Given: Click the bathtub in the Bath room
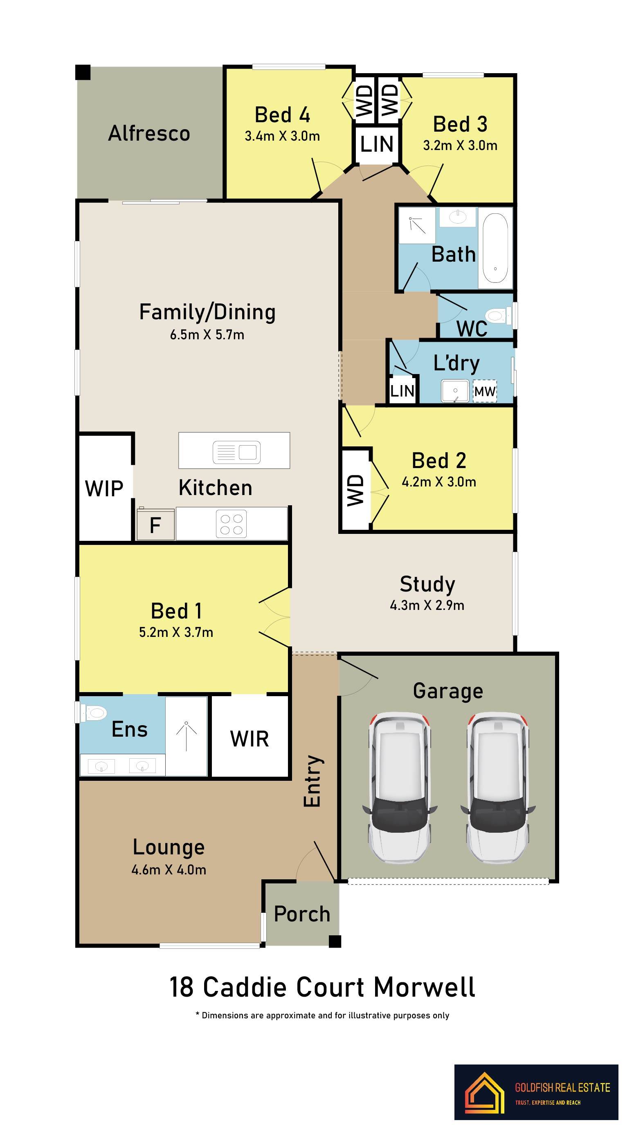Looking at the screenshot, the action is click(x=495, y=248).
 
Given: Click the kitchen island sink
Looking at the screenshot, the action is click(x=236, y=452).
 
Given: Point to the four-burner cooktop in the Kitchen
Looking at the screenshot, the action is click(x=231, y=524).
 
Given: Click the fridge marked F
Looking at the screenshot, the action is click(x=155, y=524).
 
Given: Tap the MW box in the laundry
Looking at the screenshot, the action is click(x=485, y=391).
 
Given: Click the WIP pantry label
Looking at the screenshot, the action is click(x=104, y=488).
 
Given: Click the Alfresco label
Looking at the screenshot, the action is click(x=149, y=133).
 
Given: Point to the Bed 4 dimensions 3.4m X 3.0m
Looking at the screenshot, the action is click(x=282, y=136).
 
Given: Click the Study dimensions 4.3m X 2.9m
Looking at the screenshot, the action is click(x=427, y=605).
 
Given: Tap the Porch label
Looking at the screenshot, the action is click(x=302, y=914).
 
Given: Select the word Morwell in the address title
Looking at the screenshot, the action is click(x=425, y=987).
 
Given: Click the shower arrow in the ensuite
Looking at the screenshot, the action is click(x=186, y=736).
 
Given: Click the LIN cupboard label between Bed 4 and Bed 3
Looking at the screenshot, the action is click(x=377, y=144).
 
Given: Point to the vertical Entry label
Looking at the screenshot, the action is click(x=313, y=781).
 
